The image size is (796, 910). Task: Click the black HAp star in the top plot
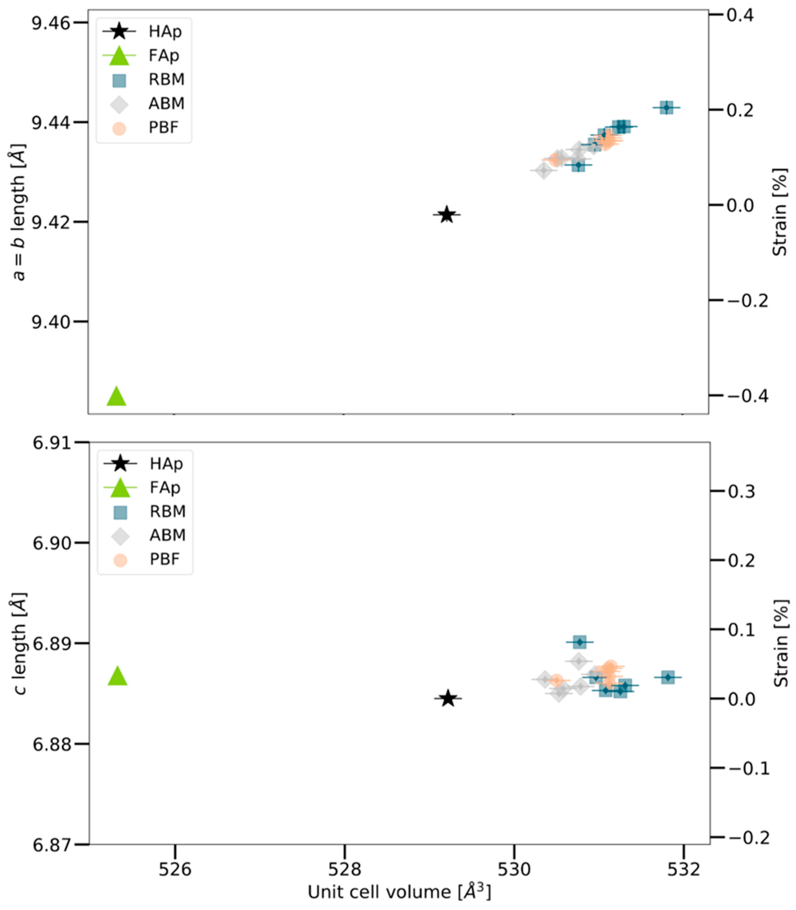coord(447,215)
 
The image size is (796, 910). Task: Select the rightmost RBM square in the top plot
coord(666,107)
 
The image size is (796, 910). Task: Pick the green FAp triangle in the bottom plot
coord(118,676)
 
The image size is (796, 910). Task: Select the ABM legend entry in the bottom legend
coord(167,536)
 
